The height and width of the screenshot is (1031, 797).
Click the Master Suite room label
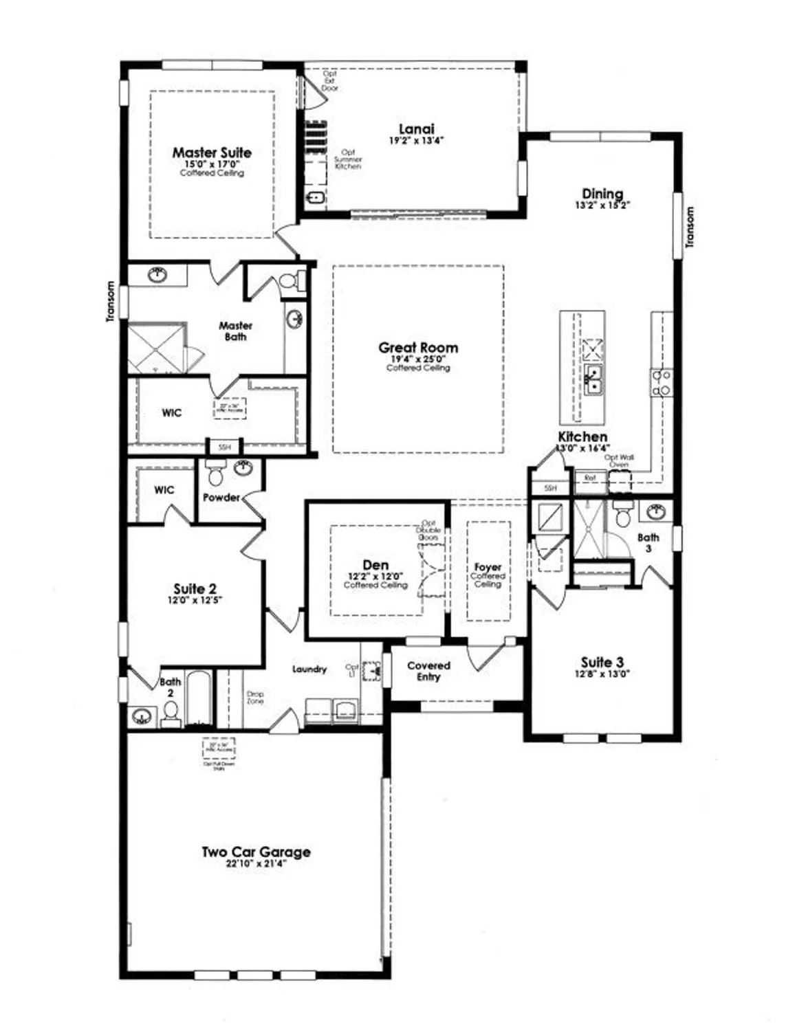coord(212,153)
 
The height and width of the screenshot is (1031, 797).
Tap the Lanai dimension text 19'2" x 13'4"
coord(417,140)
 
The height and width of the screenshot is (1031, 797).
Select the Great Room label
coord(418,348)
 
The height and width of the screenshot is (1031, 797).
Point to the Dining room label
coord(602,194)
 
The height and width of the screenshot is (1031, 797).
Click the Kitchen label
coord(582,436)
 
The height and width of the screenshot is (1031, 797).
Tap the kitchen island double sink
coord(593,379)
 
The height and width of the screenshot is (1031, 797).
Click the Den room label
coord(375,565)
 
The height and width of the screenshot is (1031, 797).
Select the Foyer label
coord(488,567)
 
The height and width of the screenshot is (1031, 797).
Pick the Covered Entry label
coord(428,671)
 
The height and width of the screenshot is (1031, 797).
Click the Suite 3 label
coord(602,662)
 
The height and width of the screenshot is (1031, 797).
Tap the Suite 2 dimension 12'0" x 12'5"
coord(195,600)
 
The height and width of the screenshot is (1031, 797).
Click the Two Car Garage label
coord(256,852)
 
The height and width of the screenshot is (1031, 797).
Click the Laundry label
coord(309,669)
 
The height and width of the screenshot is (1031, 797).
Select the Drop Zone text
coord(255,698)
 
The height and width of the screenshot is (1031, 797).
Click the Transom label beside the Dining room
coord(690,227)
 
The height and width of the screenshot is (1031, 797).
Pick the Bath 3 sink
coord(655,511)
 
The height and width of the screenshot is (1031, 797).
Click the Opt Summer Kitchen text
coord(348,159)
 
